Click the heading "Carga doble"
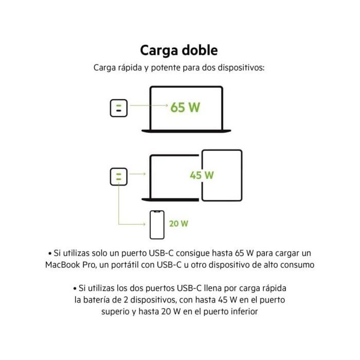pyautogui.click(x=179, y=50)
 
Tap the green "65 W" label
pyautogui.click(x=185, y=107)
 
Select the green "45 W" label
pyautogui.click(x=202, y=175)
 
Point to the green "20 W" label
pyautogui.click(x=178, y=224)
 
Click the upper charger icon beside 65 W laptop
pyautogui.click(x=118, y=107)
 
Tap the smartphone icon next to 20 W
pyautogui.click(x=157, y=224)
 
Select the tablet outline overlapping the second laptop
pyautogui.click(x=222, y=175)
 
